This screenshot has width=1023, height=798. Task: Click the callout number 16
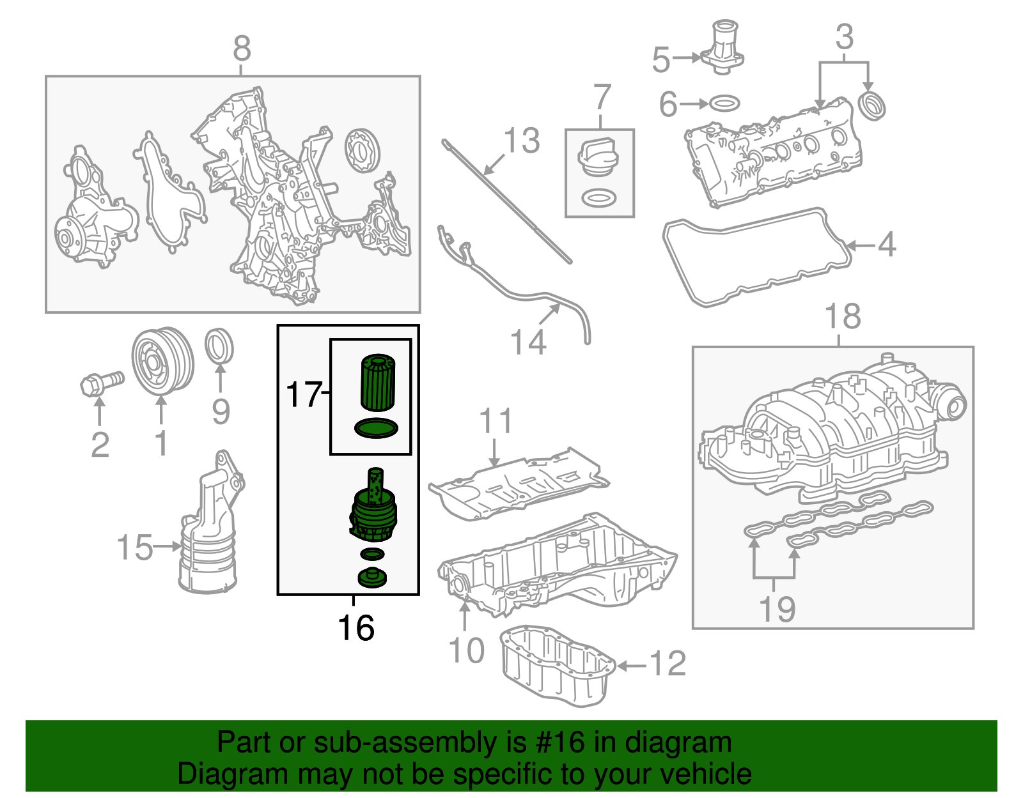click(355, 628)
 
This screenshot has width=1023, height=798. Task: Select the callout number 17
click(304, 394)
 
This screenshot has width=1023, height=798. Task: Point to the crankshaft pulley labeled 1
click(162, 362)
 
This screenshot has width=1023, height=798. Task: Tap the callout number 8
click(242, 49)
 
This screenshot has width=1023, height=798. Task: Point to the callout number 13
click(522, 141)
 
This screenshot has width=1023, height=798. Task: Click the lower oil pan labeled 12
click(556, 668)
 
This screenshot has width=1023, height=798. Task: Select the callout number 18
click(843, 316)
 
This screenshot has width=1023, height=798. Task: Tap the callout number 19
click(777, 609)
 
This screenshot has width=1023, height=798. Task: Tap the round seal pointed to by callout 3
click(871, 105)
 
